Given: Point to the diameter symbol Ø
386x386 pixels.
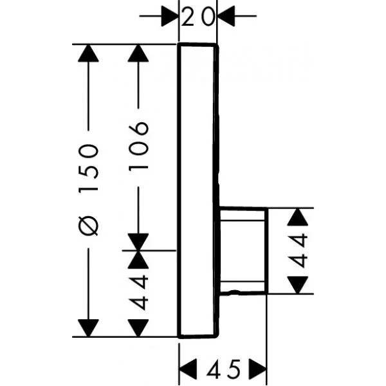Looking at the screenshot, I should pyautogui.click(x=89, y=226).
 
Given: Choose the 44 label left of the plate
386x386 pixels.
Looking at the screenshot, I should pyautogui.click(x=139, y=293).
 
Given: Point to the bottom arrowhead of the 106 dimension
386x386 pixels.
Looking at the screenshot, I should pyautogui.click(x=138, y=241).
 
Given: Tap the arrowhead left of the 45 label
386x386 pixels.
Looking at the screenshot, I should pyautogui.click(x=187, y=369).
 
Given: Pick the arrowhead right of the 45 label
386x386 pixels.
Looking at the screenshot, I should pyautogui.click(x=258, y=369).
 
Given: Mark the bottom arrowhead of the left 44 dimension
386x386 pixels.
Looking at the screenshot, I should pyautogui.click(x=138, y=327).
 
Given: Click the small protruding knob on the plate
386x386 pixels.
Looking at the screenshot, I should pyautogui.click(x=243, y=251).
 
